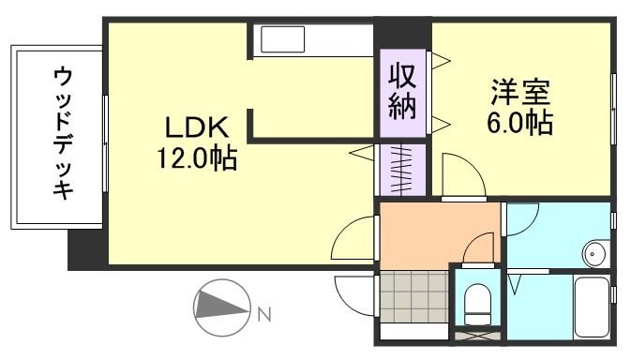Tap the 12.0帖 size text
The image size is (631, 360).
[x=196, y=158]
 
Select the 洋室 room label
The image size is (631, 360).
[x=518, y=94]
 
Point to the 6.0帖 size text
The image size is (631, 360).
[x=518, y=123]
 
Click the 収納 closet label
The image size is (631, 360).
[x=403, y=91]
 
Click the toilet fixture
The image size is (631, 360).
[x=477, y=300]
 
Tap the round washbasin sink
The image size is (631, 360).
[x=593, y=252]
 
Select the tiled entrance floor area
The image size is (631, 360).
[x=413, y=294]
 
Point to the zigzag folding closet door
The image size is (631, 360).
[x=403, y=169]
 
